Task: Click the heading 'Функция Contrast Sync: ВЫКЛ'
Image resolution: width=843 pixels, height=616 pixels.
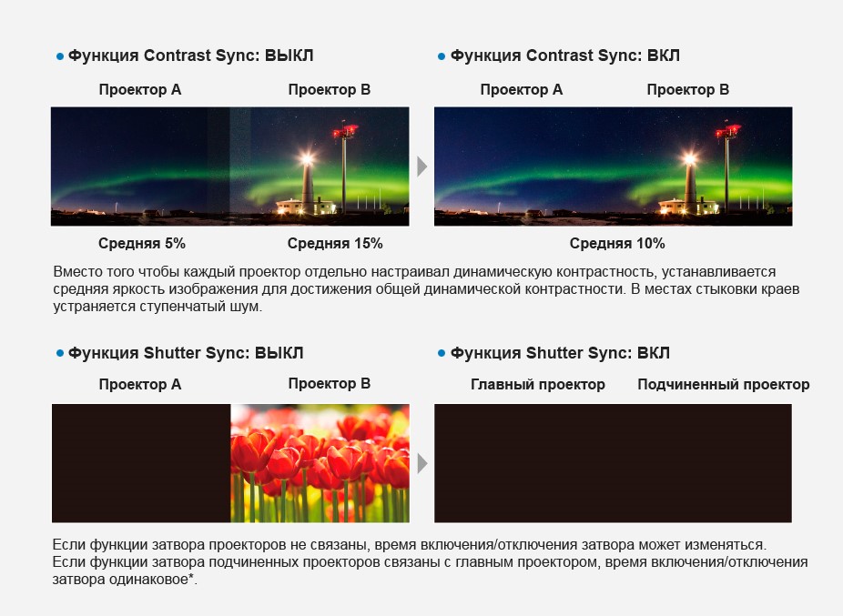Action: pyautogui.click(x=190, y=56)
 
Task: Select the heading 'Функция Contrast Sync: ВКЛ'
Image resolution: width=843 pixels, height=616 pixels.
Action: pyautogui.click(x=565, y=56)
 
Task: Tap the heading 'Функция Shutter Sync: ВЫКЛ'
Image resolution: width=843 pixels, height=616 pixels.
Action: pyautogui.click(x=186, y=353)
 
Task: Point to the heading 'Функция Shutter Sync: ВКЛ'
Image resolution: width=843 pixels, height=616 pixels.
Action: pyautogui.click(x=560, y=353)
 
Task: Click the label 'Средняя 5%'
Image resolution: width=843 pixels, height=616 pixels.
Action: pyautogui.click(x=142, y=244)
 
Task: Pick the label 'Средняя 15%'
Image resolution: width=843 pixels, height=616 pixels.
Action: pyautogui.click(x=335, y=244)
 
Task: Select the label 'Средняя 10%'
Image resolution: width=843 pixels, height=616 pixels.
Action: pyautogui.click(x=617, y=244)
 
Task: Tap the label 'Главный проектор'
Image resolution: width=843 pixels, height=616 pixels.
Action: pyautogui.click(x=538, y=385)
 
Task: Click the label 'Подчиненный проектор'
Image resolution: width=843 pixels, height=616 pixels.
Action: pyautogui.click(x=724, y=385)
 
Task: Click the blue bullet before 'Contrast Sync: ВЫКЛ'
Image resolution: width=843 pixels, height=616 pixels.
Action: pyautogui.click(x=60, y=56)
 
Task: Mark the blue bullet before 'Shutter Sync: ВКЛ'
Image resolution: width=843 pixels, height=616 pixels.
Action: pyautogui.click(x=442, y=353)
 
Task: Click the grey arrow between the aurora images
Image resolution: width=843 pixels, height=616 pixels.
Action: pyautogui.click(x=422, y=167)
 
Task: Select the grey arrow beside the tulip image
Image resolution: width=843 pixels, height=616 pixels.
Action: pyautogui.click(x=422, y=463)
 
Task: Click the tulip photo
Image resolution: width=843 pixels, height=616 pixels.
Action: pyautogui.click(x=320, y=463)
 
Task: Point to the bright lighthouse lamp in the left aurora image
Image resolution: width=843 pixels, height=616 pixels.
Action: pyautogui.click(x=307, y=158)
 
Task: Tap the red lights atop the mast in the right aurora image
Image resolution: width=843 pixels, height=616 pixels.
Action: pyautogui.click(x=727, y=131)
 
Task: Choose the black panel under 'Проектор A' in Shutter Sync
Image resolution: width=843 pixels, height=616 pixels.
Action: pyautogui.click(x=141, y=463)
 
